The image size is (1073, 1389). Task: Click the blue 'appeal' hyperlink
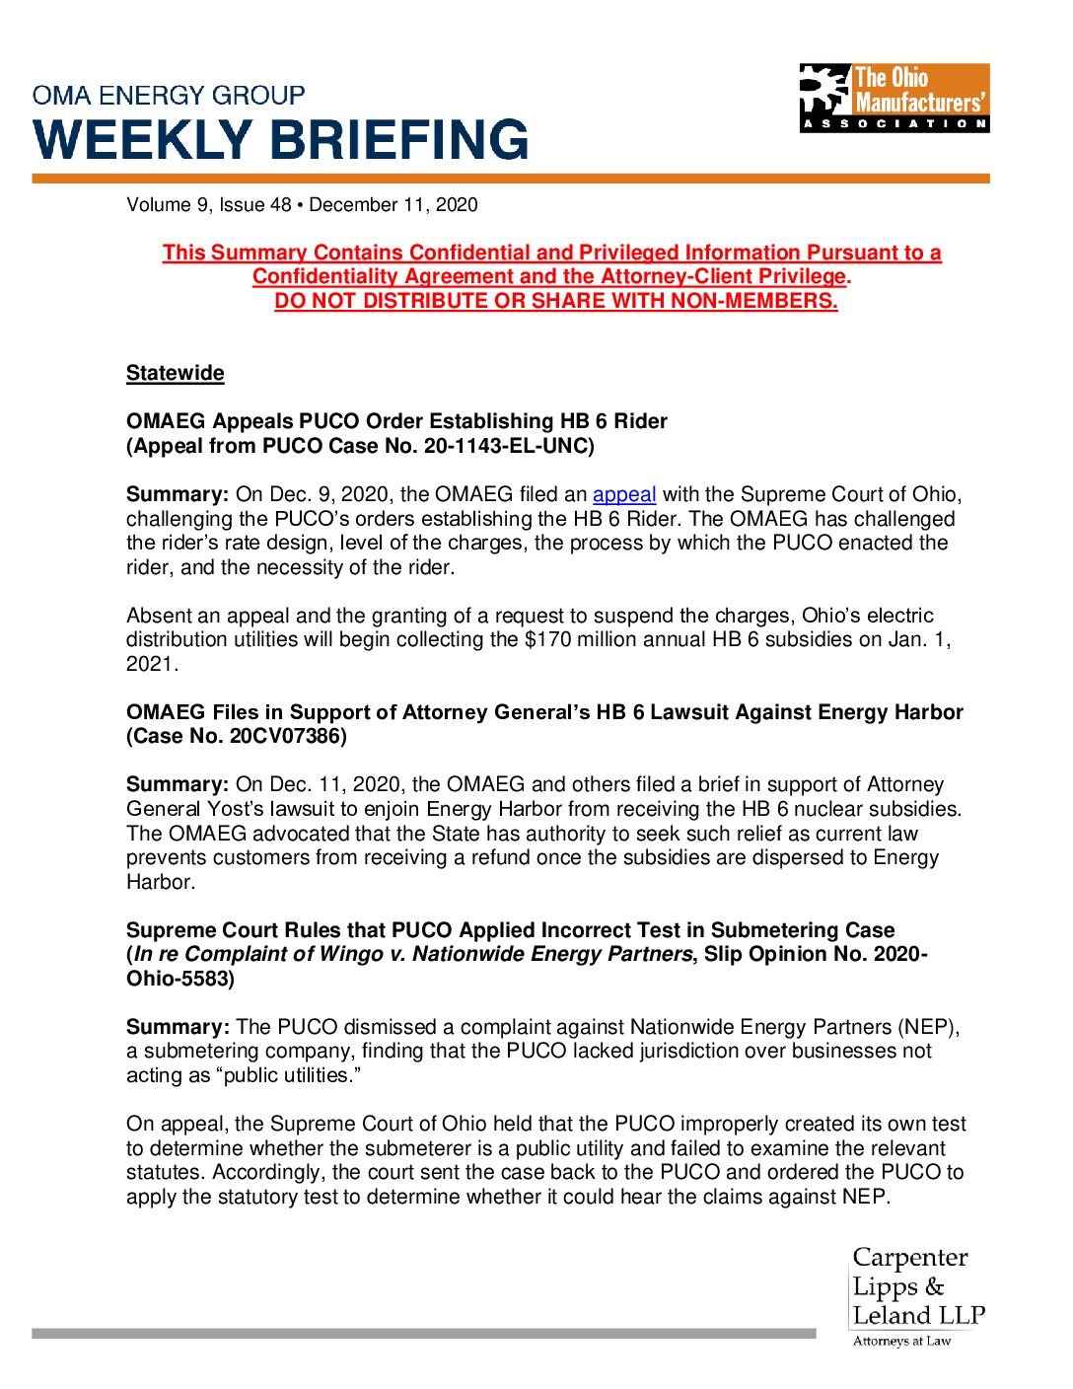pos(623,494)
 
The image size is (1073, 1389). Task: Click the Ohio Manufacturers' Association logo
pos(894,98)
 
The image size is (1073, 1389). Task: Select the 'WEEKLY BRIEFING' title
pos(281,139)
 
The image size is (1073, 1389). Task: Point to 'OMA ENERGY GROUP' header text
pos(169,96)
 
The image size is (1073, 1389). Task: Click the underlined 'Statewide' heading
pos(176,373)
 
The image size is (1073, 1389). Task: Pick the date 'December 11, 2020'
pos(393,205)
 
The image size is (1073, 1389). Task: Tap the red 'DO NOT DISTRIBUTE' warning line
pos(556,301)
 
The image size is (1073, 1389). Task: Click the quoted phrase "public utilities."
pos(287,1075)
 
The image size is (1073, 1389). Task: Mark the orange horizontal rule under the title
pos(510,179)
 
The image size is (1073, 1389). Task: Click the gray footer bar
pos(423,1333)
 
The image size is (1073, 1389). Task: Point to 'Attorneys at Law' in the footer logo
pos(901,1341)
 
